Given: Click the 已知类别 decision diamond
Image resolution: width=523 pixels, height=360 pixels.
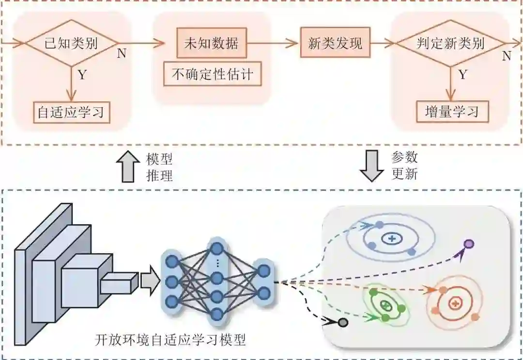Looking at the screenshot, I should pos(71,44).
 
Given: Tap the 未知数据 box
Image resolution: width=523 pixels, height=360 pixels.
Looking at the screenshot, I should pos(211,43).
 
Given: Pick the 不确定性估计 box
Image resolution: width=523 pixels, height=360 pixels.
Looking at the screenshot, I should pos(213,74).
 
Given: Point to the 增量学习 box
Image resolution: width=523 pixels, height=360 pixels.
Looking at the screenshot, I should pos(452,112).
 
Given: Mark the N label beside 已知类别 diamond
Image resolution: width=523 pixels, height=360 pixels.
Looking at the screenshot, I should pos(122,54).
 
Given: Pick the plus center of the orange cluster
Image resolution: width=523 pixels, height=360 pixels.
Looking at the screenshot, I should pos(454,303).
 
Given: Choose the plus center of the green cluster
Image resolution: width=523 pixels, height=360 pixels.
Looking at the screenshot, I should pos(386,305).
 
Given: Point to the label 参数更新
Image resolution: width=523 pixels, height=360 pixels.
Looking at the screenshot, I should pos(404,165).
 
